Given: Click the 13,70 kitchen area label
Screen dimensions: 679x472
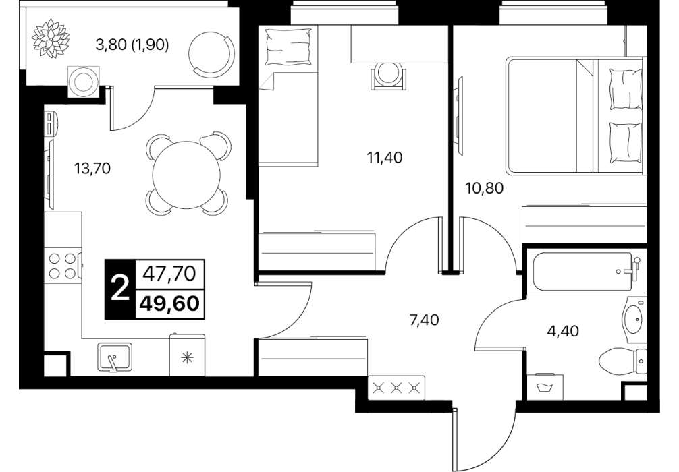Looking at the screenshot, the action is coord(92,168).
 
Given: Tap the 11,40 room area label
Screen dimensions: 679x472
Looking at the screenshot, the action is coord(385,158).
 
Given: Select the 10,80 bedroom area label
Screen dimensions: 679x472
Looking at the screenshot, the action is coord(485,188).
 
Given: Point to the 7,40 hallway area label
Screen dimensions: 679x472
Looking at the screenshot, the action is coord(424,320).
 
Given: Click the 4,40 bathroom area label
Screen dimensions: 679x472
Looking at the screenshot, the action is coord(563,331).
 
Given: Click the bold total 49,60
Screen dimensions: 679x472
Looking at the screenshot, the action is coord(170,304).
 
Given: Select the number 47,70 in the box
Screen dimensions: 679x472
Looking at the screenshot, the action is coord(170,274).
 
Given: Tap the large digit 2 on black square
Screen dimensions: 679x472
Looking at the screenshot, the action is coord(120,289).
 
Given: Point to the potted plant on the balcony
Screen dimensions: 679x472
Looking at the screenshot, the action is coord(51,38).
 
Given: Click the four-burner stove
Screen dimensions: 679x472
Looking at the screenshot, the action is coord(63,266).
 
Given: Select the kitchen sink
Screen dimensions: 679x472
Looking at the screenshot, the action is coord(115,357).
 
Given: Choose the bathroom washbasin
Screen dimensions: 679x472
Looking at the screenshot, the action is coord(634,320).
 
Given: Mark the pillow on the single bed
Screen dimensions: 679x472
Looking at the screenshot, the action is coord(288,47).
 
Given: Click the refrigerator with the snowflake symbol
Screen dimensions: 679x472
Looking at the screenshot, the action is coord(187,355).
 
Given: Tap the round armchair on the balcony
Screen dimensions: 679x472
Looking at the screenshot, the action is coord(212,53).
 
